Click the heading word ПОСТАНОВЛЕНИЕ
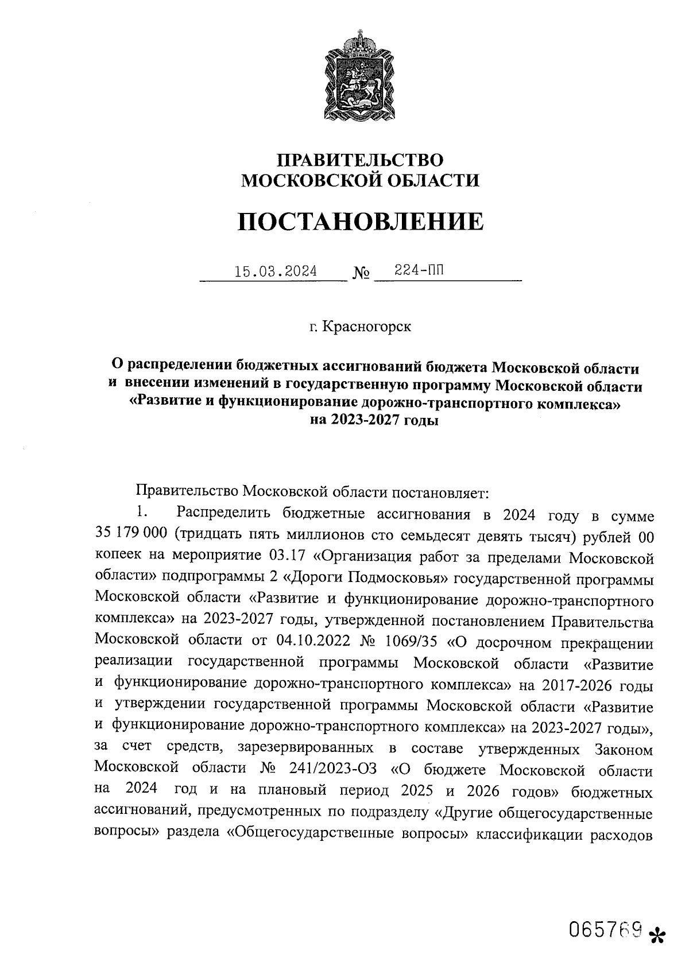pyautogui.click(x=360, y=222)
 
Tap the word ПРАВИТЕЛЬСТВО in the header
pyautogui.click(x=360, y=160)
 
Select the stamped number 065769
pyautogui.click(x=604, y=928)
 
